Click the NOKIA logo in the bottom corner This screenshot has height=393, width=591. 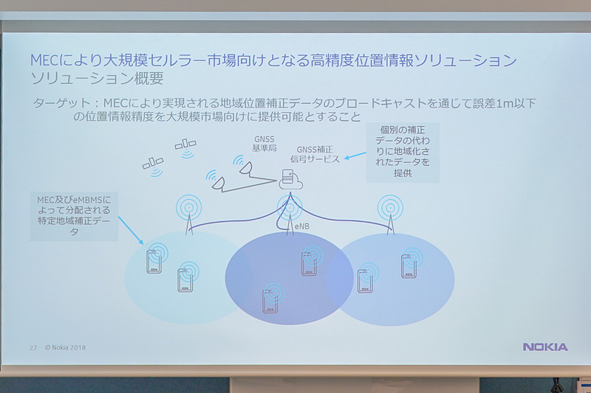[x=545, y=347]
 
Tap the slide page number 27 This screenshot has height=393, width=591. [x=33, y=347]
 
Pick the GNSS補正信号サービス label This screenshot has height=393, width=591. [x=318, y=154]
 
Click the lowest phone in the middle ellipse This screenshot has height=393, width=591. [x=271, y=299]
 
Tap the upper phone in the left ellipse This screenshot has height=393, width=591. [x=154, y=260]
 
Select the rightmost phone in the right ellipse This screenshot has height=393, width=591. [x=409, y=265]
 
